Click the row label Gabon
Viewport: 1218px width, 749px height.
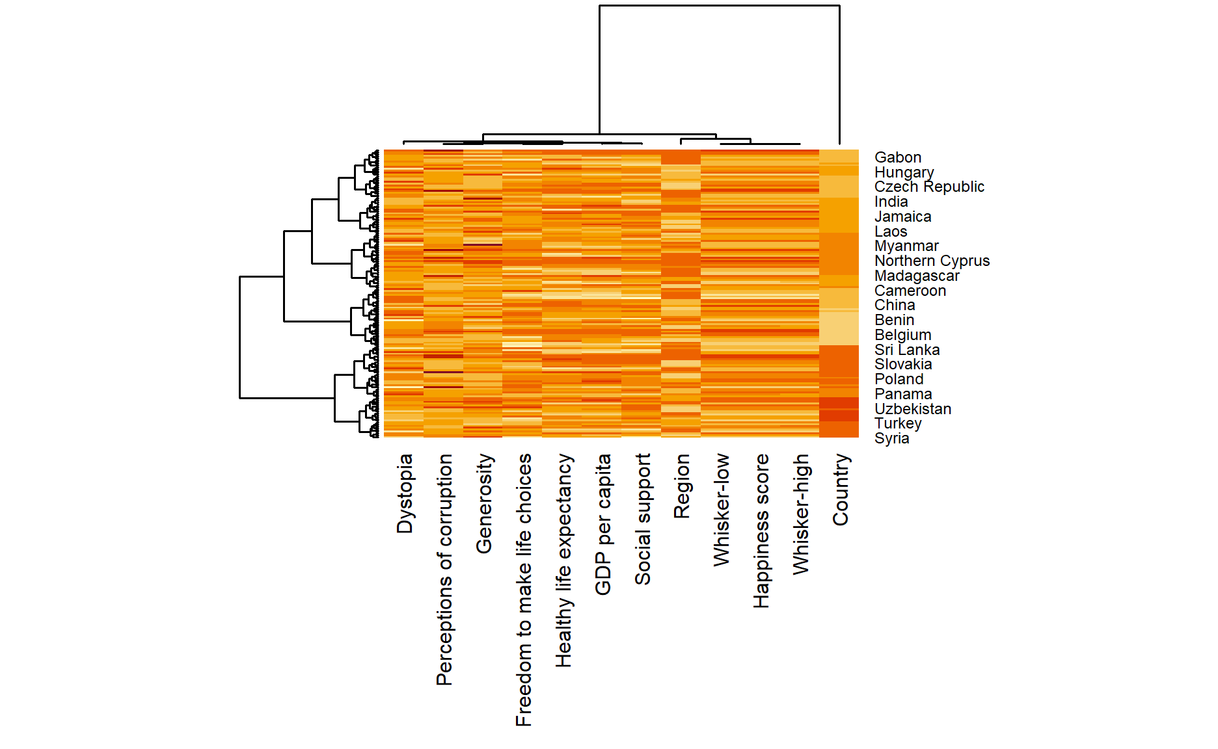click(x=897, y=157)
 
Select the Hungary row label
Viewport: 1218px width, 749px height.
click(x=904, y=172)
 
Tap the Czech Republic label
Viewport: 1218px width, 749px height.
click(x=928, y=187)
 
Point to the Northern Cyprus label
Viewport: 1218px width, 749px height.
click(x=932, y=261)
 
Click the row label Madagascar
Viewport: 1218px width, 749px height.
click(x=917, y=276)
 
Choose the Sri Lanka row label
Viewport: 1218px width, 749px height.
click(x=906, y=350)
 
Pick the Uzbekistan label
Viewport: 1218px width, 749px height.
click(x=912, y=409)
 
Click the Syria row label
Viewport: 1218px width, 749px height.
click(x=891, y=438)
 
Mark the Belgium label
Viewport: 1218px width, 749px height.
click(x=902, y=335)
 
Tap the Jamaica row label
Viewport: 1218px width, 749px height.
click(x=902, y=217)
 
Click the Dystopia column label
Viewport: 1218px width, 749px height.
click(x=405, y=493)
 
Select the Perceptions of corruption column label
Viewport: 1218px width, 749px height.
click(x=444, y=570)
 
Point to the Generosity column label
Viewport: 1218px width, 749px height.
click(x=484, y=504)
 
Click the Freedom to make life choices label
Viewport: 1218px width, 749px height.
click(x=524, y=590)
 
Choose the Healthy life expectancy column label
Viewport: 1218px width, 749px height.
click(x=563, y=560)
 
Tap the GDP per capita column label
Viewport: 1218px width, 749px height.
click(x=603, y=524)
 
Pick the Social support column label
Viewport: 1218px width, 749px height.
click(x=643, y=519)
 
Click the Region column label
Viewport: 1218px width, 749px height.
click(x=682, y=486)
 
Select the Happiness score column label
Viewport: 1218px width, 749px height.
click(x=761, y=531)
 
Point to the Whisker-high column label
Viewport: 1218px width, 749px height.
click(x=801, y=514)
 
